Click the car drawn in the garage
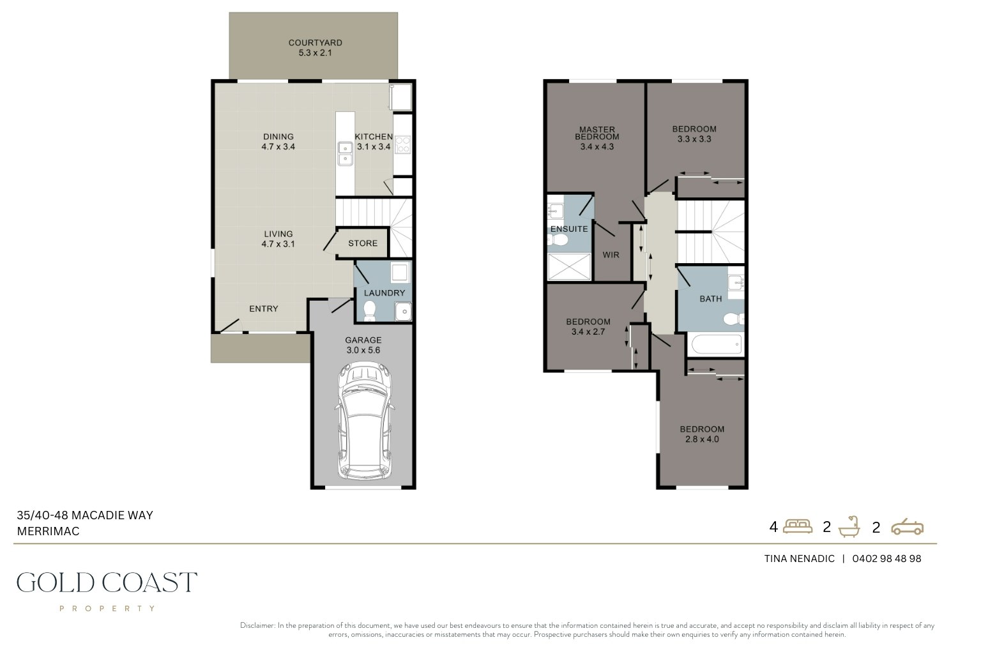click(x=364, y=421)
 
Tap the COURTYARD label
click(x=316, y=43)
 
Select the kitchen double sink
click(x=345, y=153)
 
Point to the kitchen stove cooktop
click(x=403, y=145)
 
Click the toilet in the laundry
click(x=370, y=310)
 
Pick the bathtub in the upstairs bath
click(x=717, y=344)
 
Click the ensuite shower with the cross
click(x=569, y=266)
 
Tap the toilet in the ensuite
click(x=558, y=240)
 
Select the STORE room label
click(x=363, y=243)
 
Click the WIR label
click(x=611, y=255)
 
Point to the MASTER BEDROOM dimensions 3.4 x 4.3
click(x=597, y=147)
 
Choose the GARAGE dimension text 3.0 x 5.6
click(x=363, y=350)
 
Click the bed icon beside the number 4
click(x=798, y=526)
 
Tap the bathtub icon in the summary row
click(x=849, y=526)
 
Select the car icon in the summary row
click(x=907, y=526)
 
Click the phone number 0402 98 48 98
click(x=887, y=558)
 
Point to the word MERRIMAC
click(x=48, y=531)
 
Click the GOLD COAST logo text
click(x=107, y=582)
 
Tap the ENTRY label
click(x=264, y=309)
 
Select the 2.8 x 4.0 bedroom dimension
click(x=702, y=439)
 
